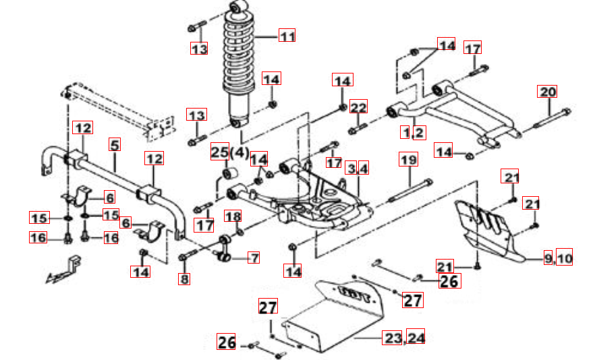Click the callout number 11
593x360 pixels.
click(x=288, y=36)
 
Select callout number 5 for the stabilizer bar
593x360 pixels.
click(x=115, y=145)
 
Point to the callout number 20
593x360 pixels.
click(x=547, y=92)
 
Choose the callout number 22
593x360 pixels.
click(x=358, y=108)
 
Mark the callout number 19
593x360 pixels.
click(x=410, y=160)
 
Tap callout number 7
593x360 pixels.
click(x=254, y=257)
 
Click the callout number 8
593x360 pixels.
click(x=183, y=278)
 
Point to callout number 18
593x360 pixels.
click(x=232, y=216)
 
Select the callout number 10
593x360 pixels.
click(x=565, y=257)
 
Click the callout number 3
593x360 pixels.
click(x=351, y=168)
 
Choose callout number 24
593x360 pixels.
click(x=416, y=338)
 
